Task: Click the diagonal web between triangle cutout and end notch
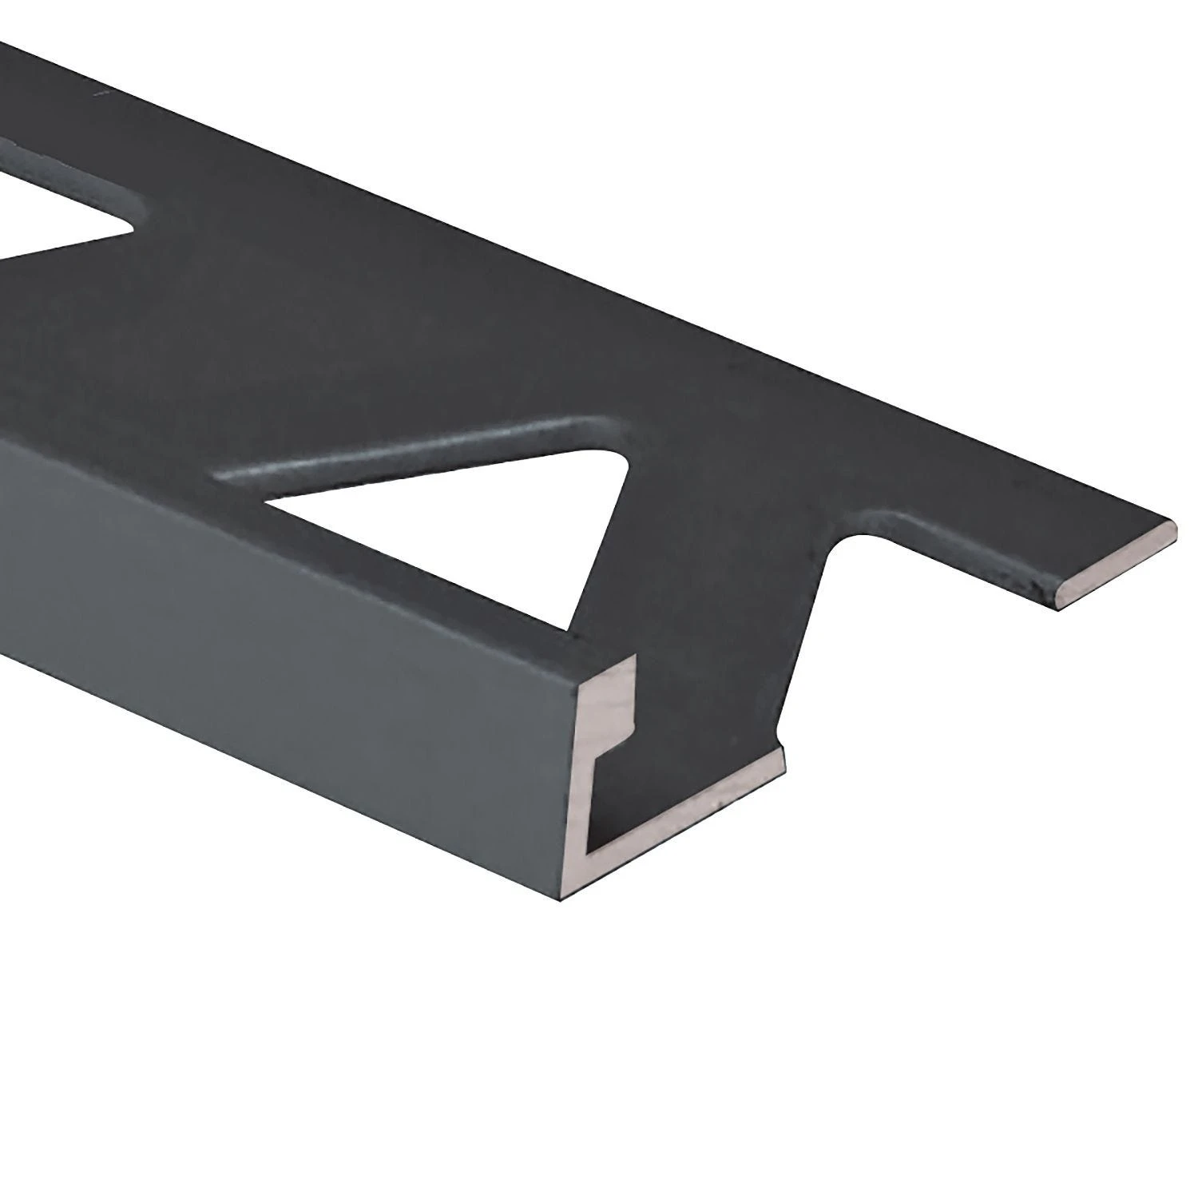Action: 703,559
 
